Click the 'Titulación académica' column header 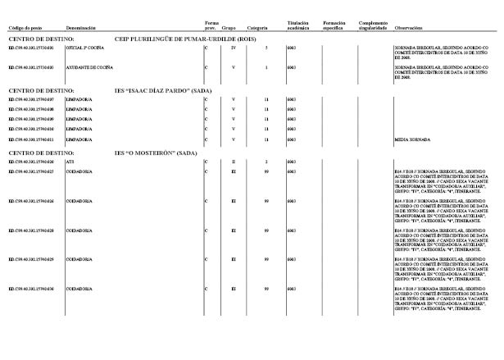pos(298,25)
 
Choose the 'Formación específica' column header pos(334,25)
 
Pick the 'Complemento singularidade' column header pos(372,25)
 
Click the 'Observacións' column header pos(408,27)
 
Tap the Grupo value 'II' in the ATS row pos(234,162)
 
